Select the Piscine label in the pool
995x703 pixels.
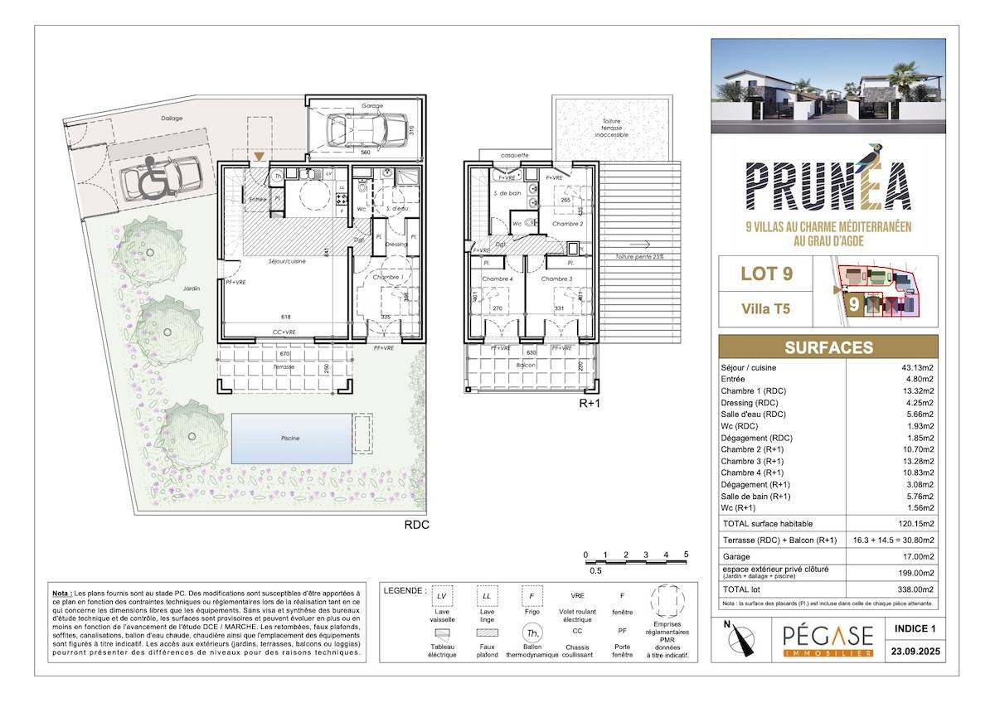coord(289,438)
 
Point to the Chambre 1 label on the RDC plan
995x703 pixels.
coord(385,277)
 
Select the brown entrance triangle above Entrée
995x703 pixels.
coord(260,156)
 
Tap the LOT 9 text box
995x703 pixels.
coord(767,274)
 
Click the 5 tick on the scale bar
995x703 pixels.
coord(686,555)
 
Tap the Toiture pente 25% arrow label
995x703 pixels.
coord(640,257)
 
